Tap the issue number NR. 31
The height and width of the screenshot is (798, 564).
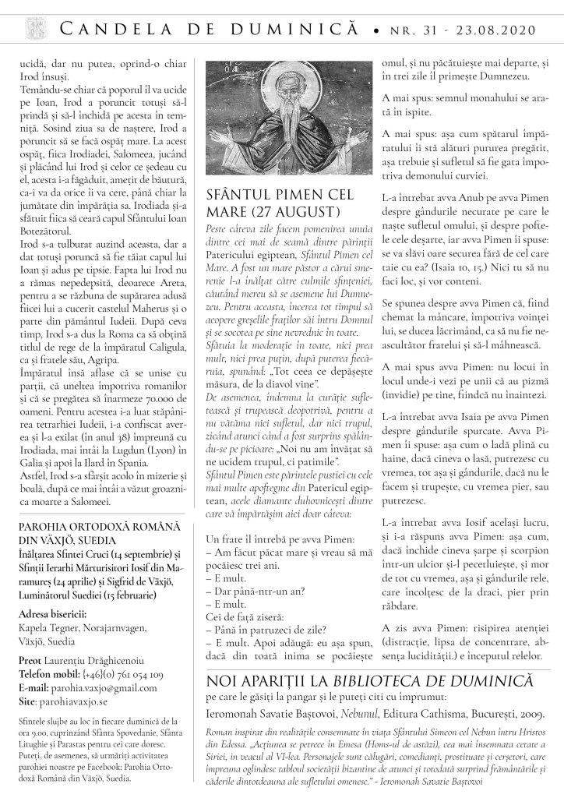click(419, 29)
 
